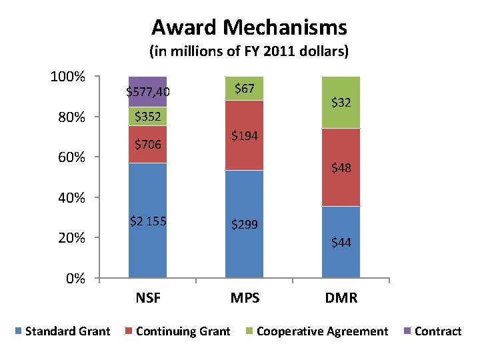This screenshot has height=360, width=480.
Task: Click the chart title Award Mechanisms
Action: [249, 27]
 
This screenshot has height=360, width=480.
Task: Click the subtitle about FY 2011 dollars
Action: [249, 51]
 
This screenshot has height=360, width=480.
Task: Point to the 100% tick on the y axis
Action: [68, 77]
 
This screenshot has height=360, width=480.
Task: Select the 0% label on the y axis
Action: [75, 278]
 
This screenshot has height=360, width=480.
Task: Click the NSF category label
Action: [148, 298]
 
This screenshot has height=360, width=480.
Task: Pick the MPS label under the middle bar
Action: [244, 298]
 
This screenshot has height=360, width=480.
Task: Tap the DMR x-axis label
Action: [341, 298]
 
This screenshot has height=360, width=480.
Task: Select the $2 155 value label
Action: [147, 221]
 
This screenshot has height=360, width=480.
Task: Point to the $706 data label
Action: [147, 144]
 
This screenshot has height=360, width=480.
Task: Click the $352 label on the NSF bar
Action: [147, 117]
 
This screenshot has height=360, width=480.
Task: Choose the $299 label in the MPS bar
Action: [245, 225]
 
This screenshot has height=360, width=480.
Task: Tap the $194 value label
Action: [245, 136]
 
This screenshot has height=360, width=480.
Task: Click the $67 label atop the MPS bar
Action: [245, 88]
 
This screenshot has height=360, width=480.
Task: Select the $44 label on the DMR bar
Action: [341, 243]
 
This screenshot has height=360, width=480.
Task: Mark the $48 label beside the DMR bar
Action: [341, 168]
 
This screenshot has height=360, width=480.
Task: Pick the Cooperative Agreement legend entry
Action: [316, 331]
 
